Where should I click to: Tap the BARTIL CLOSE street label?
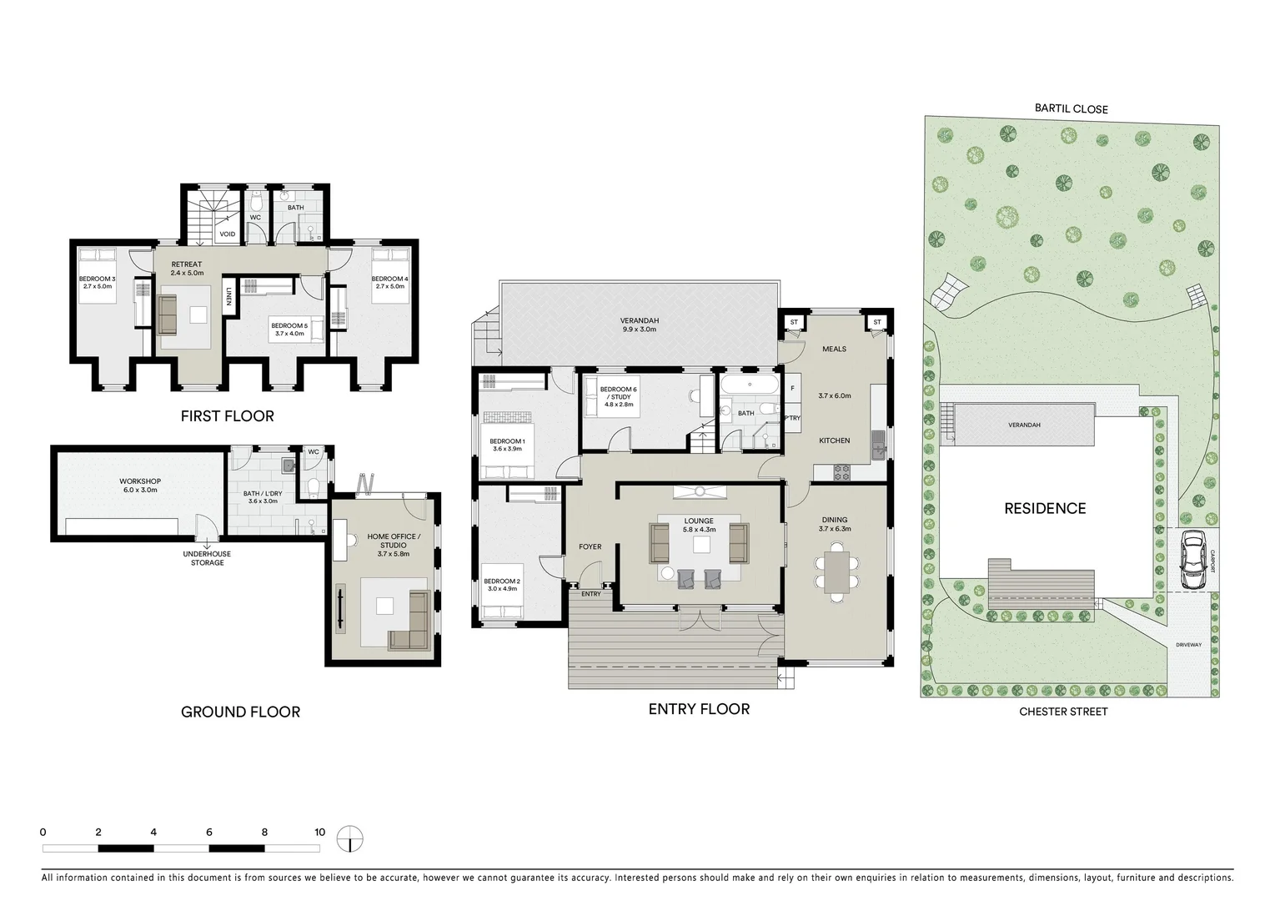pyautogui.click(x=1071, y=109)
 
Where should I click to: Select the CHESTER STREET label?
pyautogui.click(x=1063, y=712)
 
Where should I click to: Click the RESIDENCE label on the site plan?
pyautogui.click(x=1045, y=508)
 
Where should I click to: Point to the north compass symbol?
pyautogui.click(x=350, y=837)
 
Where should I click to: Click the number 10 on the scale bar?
pyautogui.click(x=319, y=832)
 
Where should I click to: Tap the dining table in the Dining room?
pyautogui.click(x=837, y=572)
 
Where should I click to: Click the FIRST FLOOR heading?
pyautogui.click(x=227, y=415)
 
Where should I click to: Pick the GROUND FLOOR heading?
pyautogui.click(x=240, y=712)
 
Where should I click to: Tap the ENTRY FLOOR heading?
pyautogui.click(x=699, y=709)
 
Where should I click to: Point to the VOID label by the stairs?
pyautogui.click(x=227, y=234)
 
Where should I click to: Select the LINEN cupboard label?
pyautogui.click(x=228, y=297)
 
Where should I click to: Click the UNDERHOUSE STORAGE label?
pyautogui.click(x=207, y=558)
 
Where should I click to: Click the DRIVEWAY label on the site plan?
pyautogui.click(x=1188, y=645)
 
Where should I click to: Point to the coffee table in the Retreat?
pyautogui.click(x=198, y=315)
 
